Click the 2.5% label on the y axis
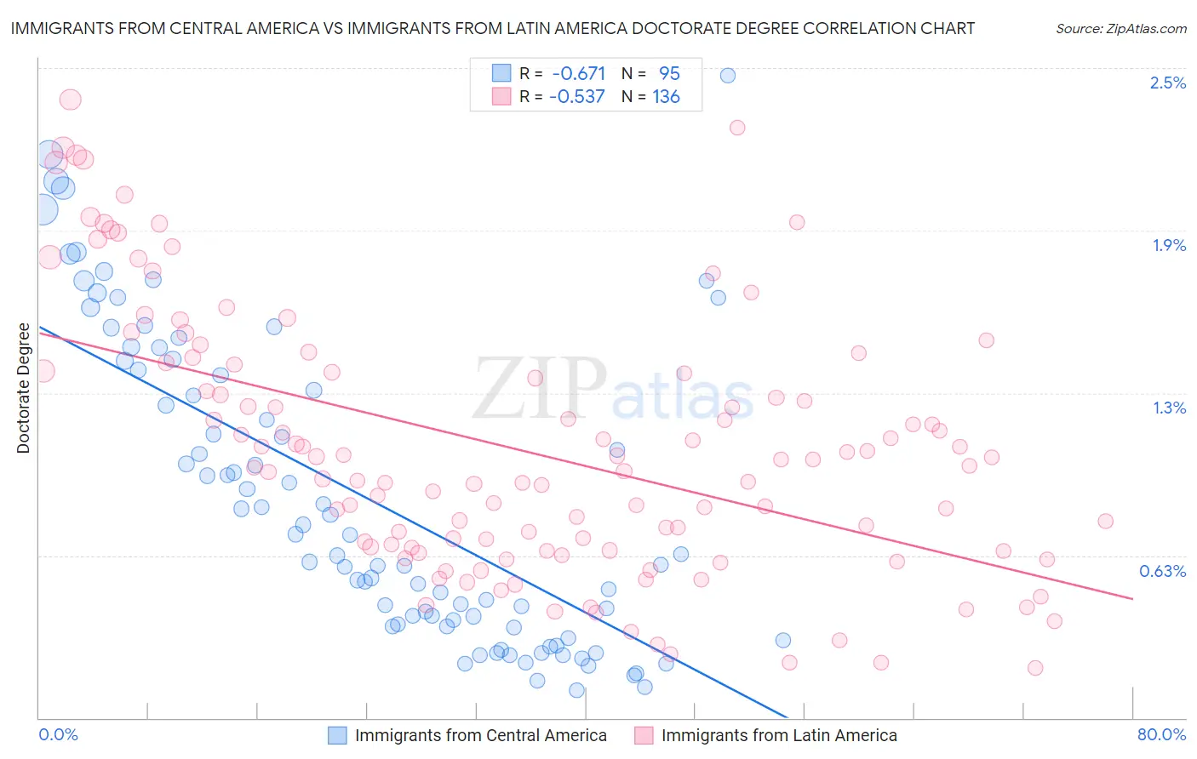(x=1167, y=83)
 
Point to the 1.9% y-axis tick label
(x=1168, y=245)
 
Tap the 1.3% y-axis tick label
(x=1168, y=408)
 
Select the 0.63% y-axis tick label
(x=1162, y=571)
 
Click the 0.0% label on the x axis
(x=58, y=734)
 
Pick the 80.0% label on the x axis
(x=1161, y=734)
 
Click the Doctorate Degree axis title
(x=23, y=388)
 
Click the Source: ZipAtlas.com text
(x=1120, y=28)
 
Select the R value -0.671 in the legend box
(x=578, y=73)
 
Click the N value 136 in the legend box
(x=666, y=96)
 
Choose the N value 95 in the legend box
(x=669, y=73)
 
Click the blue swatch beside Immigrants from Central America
(x=337, y=735)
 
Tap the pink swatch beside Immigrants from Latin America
(x=644, y=735)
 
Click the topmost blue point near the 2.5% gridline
(x=727, y=75)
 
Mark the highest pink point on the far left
(x=70, y=100)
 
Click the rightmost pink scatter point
(x=1105, y=521)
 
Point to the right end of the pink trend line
(x=1132, y=599)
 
